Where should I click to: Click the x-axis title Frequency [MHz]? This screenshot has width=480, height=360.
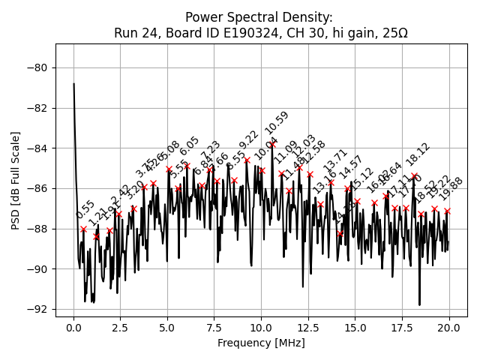pyautogui.click(x=261, y=343)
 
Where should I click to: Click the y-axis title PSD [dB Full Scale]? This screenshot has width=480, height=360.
pyautogui.click(x=16, y=180)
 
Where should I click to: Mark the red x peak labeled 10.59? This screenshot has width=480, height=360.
pyautogui.click(x=272, y=144)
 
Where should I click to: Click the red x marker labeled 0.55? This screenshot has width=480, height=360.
pyautogui.click(x=83, y=229)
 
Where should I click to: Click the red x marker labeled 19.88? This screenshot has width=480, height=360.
pyautogui.click(x=447, y=211)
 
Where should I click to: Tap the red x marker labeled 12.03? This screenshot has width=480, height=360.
pyautogui.click(x=299, y=167)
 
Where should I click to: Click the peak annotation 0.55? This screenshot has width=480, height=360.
pyautogui.click(x=85, y=210)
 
